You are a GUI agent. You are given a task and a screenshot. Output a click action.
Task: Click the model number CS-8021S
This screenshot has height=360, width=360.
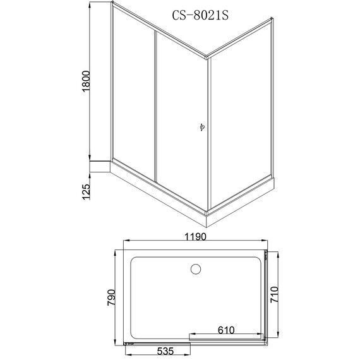(200, 15)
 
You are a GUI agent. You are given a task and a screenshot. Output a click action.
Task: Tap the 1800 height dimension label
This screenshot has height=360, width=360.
(87, 81)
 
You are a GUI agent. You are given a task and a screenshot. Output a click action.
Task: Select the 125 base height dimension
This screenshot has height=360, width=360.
(87, 192)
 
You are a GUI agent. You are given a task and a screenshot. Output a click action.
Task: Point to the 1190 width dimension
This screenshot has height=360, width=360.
(196, 236)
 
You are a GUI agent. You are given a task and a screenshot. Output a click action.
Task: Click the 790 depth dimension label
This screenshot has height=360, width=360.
(111, 297)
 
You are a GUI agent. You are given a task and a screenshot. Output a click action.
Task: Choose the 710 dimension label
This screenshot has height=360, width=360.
(274, 294)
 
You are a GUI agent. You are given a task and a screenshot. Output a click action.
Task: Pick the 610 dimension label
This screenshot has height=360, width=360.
(226, 330)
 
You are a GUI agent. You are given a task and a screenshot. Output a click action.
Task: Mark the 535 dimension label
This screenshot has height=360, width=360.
(165, 351)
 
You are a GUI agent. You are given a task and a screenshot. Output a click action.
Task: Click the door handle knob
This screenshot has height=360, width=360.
(202, 127)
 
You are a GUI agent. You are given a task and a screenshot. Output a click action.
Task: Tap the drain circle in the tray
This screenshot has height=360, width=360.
(196, 269)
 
